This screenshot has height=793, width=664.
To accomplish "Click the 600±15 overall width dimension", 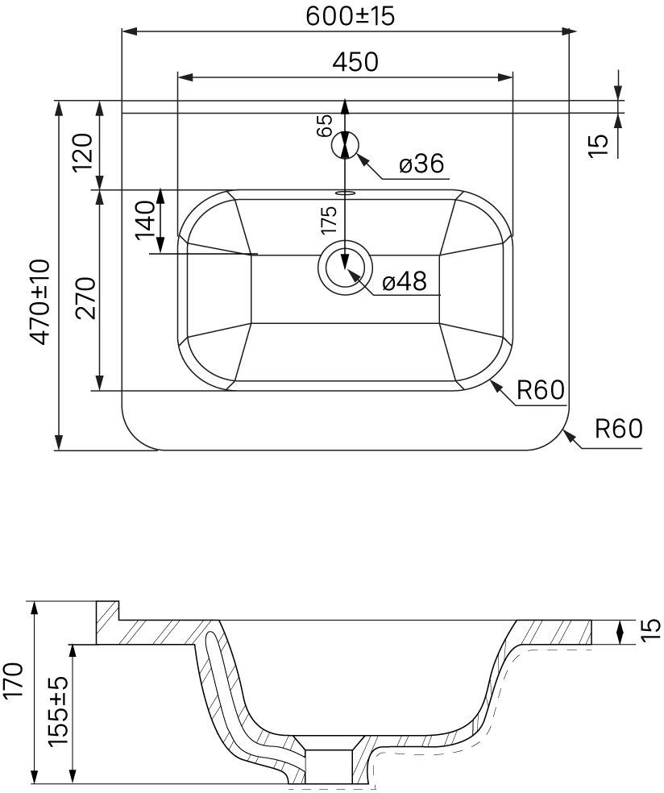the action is click(x=351, y=16).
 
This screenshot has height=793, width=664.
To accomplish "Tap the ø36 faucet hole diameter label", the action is click(x=421, y=164).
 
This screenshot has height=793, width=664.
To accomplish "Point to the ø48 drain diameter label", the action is click(x=404, y=282).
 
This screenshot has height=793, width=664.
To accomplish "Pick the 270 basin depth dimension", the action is click(x=86, y=297).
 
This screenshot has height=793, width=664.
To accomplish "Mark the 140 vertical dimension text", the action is click(x=145, y=218).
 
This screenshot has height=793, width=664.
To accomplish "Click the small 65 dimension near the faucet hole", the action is click(x=325, y=125).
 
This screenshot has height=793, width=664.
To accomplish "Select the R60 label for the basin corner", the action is click(x=539, y=390).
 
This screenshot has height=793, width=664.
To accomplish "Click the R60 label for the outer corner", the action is click(x=618, y=428).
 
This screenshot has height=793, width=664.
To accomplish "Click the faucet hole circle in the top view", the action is click(x=345, y=146).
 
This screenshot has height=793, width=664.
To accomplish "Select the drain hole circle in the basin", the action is click(x=345, y=269).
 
